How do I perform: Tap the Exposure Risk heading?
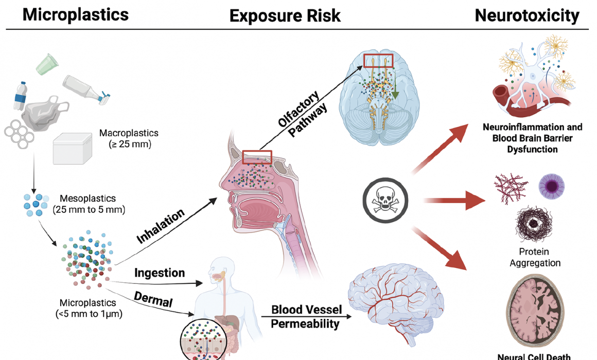pos(285,16)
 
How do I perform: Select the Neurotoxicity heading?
pos(526,15)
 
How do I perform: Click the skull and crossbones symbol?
pos(385,200)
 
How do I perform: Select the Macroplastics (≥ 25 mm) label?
pos(125,139)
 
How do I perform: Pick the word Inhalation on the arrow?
pos(161,227)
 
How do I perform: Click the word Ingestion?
pos(159,272)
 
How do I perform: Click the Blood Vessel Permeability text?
pos(305,317)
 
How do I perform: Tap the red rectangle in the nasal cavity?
pos(257,157)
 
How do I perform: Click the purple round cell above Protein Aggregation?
pos(551,186)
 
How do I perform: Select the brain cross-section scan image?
pos(535,314)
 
